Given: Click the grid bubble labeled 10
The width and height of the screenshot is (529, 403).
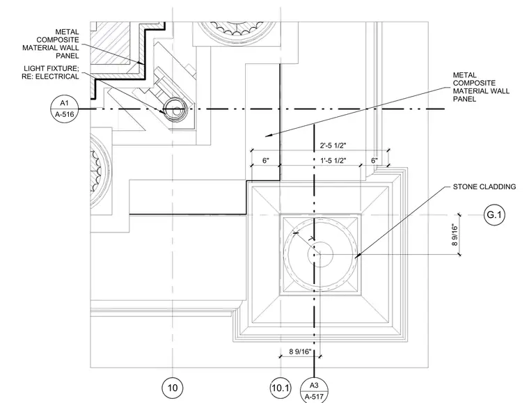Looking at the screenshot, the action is (173, 388).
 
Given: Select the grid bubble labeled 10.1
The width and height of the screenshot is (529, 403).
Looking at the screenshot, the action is (281, 388).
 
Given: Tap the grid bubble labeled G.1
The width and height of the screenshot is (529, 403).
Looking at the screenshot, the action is (495, 214).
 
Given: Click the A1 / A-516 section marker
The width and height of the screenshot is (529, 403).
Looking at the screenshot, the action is (64, 109).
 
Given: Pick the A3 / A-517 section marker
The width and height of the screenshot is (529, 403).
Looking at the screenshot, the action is (314, 390).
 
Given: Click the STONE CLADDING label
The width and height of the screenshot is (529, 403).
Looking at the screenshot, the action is (484, 187).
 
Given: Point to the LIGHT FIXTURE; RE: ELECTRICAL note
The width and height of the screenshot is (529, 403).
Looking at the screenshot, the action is (50, 72).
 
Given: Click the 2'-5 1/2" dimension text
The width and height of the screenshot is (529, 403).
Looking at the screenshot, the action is (333, 145).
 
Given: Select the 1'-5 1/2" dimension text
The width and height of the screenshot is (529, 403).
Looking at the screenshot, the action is (333, 161).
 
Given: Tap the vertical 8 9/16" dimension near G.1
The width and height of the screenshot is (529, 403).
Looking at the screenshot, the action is (455, 235).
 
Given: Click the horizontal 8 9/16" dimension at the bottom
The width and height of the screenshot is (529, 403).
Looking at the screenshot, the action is (300, 351).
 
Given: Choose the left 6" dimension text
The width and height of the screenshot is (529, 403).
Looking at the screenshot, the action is (266, 161).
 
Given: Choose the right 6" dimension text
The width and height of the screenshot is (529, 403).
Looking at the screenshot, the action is (374, 161).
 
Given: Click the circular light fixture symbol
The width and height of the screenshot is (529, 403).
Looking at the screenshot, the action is (175, 109).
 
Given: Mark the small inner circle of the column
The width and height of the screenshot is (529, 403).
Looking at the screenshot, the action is (320, 255).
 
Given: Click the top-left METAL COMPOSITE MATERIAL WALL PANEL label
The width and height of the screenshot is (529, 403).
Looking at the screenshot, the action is (51, 44).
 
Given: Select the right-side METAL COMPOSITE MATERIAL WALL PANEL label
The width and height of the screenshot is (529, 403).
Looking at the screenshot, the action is (481, 87).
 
